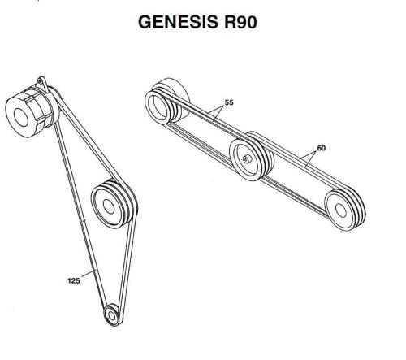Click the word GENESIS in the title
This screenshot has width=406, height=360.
(178, 22)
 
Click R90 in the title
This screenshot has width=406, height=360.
(240, 22)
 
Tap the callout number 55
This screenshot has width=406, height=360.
(229, 102)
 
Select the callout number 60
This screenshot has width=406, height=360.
(321, 148)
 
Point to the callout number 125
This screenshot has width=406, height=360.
(74, 280)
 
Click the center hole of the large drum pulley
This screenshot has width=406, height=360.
(21, 117)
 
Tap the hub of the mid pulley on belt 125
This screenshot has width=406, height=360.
(109, 207)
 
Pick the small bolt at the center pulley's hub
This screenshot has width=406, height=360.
(246, 159)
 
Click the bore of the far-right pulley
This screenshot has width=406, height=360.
(341, 210)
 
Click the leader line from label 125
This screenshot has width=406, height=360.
(89, 273)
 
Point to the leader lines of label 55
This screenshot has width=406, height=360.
(217, 112)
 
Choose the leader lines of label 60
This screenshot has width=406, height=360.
(308, 158)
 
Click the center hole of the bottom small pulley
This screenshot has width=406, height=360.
(111, 315)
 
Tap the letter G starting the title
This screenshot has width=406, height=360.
(145, 22)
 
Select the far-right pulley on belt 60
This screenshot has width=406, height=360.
(345, 210)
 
